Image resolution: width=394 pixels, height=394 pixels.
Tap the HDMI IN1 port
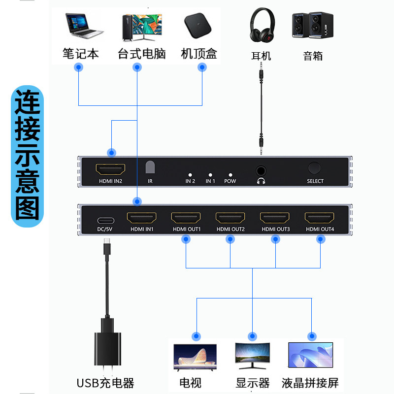(x=142, y=217)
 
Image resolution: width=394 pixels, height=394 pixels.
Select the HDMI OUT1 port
(x=186, y=217)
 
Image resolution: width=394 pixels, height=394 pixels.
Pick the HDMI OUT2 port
(x=230, y=217)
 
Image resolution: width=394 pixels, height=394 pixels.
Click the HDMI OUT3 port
(x=275, y=217)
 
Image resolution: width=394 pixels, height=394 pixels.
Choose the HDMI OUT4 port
(x=320, y=217)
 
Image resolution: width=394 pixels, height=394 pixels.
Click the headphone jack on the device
(x=261, y=170)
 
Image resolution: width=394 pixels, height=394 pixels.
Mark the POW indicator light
(x=230, y=174)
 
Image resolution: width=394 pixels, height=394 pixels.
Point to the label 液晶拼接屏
(x=310, y=383)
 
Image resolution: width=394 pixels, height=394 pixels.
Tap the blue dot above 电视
(x=197, y=336)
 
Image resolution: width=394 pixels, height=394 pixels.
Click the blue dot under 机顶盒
(x=202, y=67)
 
